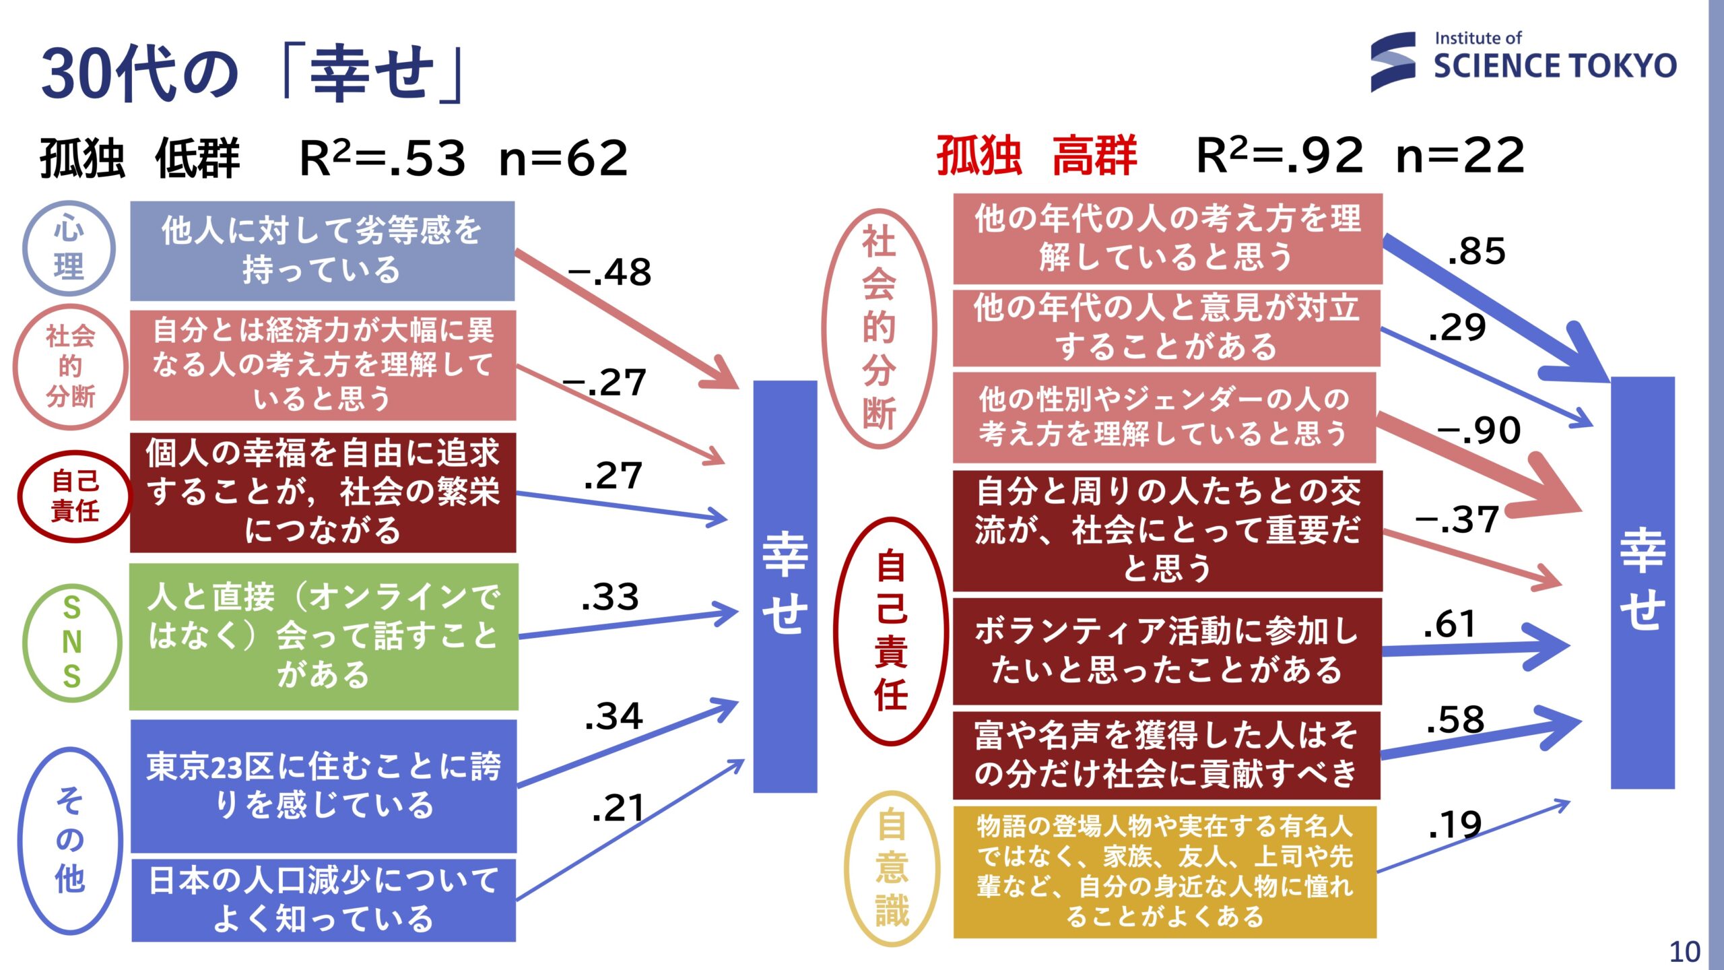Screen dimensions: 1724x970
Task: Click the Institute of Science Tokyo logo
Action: click(x=1523, y=61)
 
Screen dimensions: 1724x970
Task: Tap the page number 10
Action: click(x=1685, y=952)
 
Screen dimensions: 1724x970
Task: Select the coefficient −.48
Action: click(x=610, y=273)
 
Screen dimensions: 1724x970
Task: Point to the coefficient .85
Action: click(x=1476, y=251)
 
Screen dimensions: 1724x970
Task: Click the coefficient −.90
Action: click(x=1479, y=430)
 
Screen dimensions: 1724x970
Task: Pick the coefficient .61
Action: click(x=1450, y=624)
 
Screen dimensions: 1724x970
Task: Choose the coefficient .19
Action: click(x=1455, y=825)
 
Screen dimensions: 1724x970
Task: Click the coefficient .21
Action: click(x=618, y=808)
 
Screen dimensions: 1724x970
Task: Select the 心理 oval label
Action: click(x=69, y=249)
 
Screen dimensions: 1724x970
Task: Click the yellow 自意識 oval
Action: click(x=892, y=868)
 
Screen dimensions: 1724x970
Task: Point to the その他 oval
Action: click(x=71, y=840)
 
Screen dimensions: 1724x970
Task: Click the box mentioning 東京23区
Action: click(x=324, y=786)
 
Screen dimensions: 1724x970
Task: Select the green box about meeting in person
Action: click(x=324, y=637)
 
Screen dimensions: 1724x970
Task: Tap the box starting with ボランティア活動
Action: click(x=1167, y=651)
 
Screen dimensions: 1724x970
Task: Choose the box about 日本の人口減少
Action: click(x=324, y=899)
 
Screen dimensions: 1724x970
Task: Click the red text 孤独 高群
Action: click(x=1037, y=156)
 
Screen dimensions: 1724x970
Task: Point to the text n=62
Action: click(x=564, y=159)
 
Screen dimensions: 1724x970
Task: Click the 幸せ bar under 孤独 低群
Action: click(x=785, y=586)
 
